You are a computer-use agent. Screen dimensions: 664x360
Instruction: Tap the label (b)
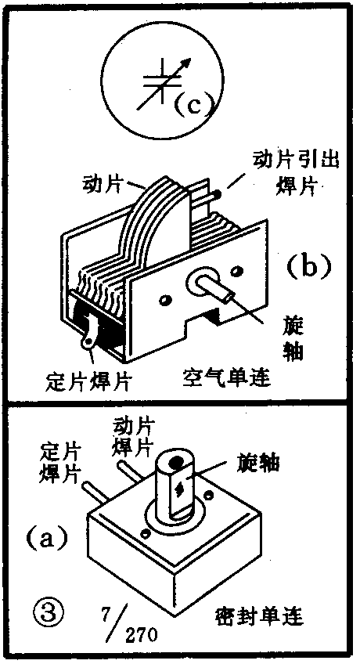(x=307, y=266)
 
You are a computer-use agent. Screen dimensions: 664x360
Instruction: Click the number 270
(x=140, y=632)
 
